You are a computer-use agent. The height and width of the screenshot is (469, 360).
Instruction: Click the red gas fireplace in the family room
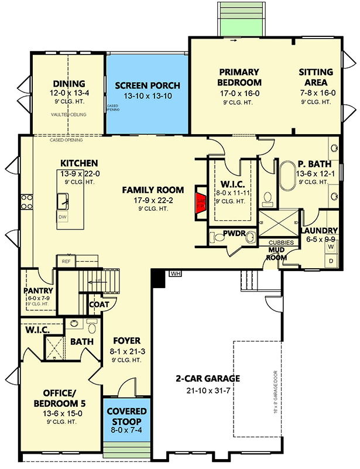coord(201,201)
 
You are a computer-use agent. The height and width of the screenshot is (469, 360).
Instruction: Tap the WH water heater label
coord(175,273)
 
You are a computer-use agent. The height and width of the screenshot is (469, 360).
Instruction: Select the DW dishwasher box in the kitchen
coord(63,217)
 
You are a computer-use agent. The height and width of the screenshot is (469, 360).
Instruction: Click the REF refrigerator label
coord(66,261)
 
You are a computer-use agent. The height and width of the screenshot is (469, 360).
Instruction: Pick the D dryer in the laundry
coord(330,260)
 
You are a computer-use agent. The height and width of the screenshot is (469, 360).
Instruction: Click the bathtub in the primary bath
coord(290,175)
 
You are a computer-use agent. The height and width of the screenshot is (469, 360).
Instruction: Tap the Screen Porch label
coord(147,85)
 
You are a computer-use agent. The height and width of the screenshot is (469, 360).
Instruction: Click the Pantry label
coord(39,290)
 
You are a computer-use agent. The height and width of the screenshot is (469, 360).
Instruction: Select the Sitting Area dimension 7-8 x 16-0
coord(316,92)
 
